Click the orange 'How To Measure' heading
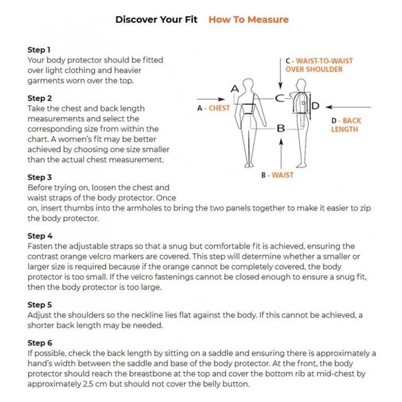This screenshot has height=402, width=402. pyautogui.click(x=248, y=19)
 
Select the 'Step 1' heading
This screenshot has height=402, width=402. pyautogui.click(x=39, y=50)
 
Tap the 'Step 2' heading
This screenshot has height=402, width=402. pyautogui.click(x=39, y=98)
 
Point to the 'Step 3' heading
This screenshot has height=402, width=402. pyautogui.click(x=39, y=178)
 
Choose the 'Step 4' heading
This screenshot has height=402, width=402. pyautogui.click(x=39, y=236)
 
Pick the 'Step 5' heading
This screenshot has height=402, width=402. pyautogui.click(x=39, y=304)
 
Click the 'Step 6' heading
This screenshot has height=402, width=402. pyautogui.click(x=39, y=342)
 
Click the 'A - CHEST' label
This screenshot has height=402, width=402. pyautogui.click(x=213, y=107)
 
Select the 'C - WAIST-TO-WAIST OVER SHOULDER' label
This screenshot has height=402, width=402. pyautogui.click(x=318, y=65)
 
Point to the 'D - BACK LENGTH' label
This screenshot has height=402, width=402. pyautogui.click(x=346, y=125)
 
